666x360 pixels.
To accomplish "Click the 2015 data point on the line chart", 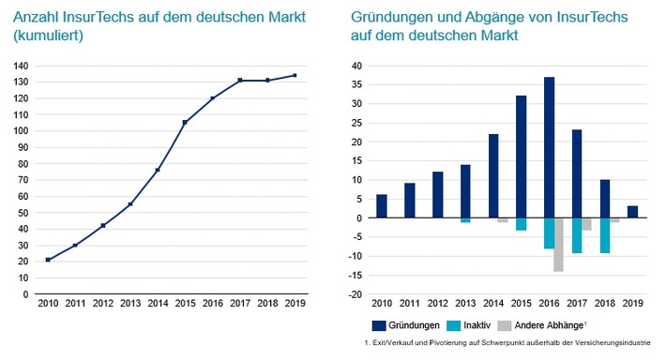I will [x=185, y=123].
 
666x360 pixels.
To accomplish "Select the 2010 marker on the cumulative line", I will [x=48, y=260].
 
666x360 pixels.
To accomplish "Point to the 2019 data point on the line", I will [x=295, y=76].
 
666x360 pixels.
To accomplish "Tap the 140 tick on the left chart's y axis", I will [x=20, y=67].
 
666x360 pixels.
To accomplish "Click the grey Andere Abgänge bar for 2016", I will [x=557, y=245].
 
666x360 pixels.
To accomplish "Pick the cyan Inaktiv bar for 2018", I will [x=605, y=235].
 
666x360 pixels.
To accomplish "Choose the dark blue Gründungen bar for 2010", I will [x=382, y=206].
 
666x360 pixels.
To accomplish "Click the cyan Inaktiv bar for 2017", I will [x=577, y=235].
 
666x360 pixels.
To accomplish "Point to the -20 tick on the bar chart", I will [x=357, y=294].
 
